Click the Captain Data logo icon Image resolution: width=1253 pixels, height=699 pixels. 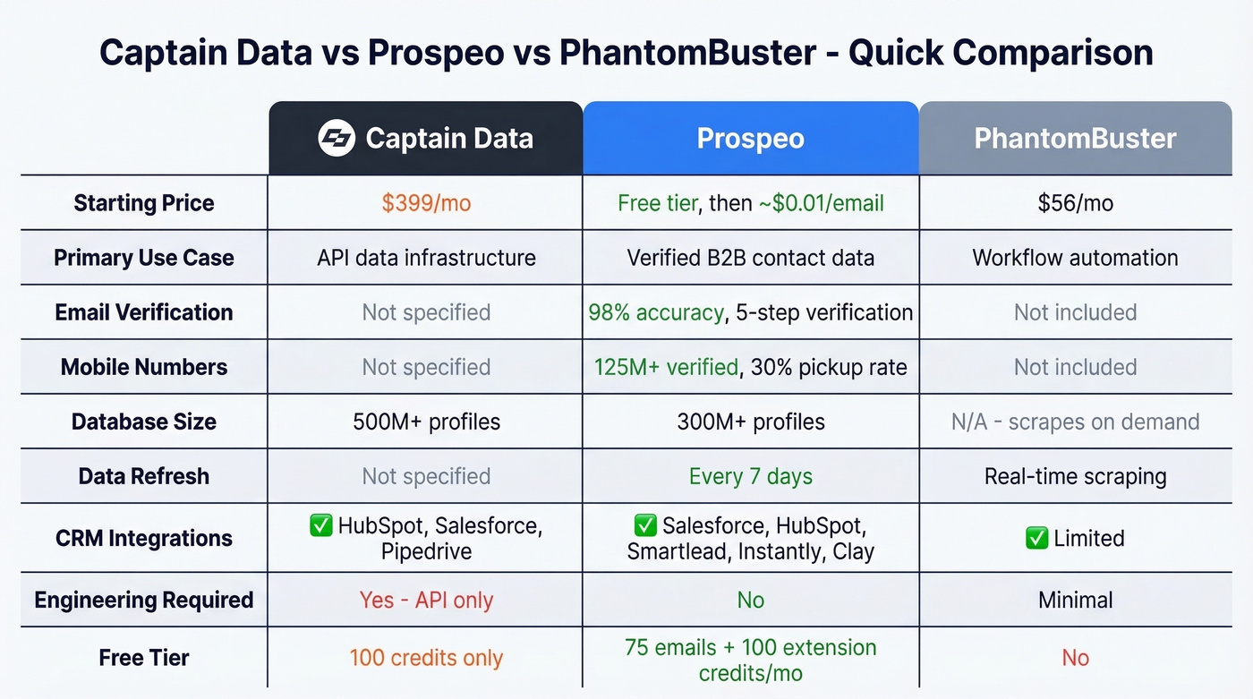pyautogui.click(x=337, y=139)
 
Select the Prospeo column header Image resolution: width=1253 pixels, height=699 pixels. pyautogui.click(x=750, y=139)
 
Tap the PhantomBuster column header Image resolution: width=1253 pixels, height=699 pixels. pyautogui.click(x=1075, y=139)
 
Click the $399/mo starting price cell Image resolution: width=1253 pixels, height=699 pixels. pyautogui.click(x=426, y=203)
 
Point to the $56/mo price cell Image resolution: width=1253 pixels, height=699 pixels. pyautogui.click(x=1075, y=203)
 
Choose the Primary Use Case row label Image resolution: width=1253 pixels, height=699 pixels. pyautogui.click(x=144, y=258)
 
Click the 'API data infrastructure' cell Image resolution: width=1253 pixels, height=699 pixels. pyautogui.click(x=426, y=258)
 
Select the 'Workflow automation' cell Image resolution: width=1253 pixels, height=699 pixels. pyautogui.click(x=1075, y=258)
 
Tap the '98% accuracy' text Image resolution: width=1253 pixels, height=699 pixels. pyautogui.click(x=655, y=312)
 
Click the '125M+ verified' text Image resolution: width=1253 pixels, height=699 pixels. pyautogui.click(x=666, y=367)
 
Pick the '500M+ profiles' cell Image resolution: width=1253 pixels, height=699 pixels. pyautogui.click(x=426, y=422)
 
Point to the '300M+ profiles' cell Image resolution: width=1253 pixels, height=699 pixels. pyautogui.click(x=750, y=422)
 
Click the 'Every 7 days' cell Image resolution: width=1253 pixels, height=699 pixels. pyautogui.click(x=750, y=476)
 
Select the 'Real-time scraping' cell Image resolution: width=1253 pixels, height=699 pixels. pyautogui.click(x=1075, y=476)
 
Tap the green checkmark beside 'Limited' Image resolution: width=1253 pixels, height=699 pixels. pyautogui.click(x=1037, y=538)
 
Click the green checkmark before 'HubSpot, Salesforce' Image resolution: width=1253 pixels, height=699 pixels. pyautogui.click(x=320, y=524)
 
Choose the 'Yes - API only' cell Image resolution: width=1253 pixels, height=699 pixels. pyautogui.click(x=426, y=600)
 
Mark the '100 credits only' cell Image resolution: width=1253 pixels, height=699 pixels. pyautogui.click(x=426, y=658)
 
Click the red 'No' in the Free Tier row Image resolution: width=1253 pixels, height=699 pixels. pyautogui.click(x=1075, y=658)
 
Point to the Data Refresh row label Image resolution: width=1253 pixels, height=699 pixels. pyautogui.click(x=144, y=476)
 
